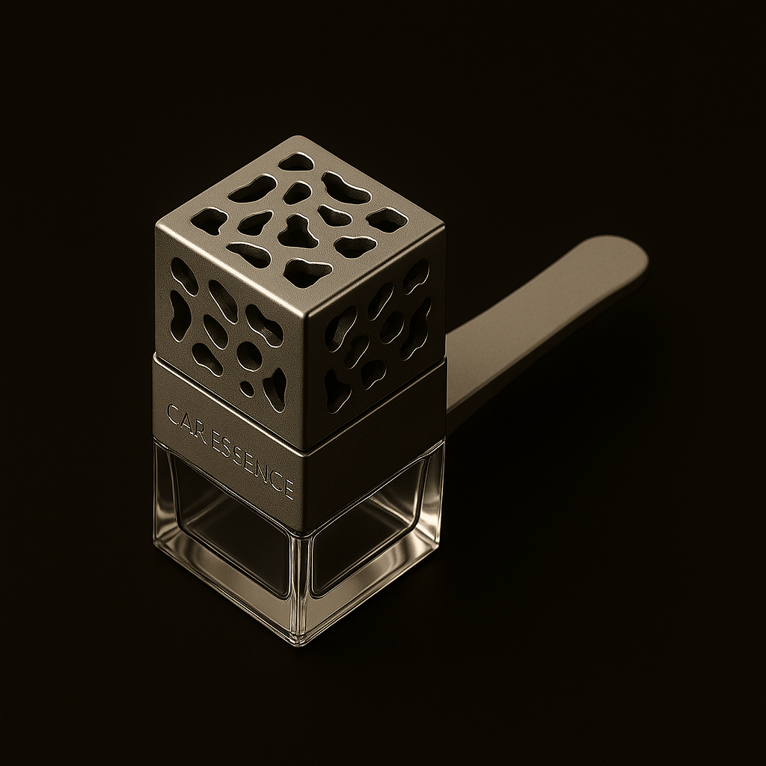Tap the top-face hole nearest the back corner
coord(295,162)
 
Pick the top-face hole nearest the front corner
coord(307,272)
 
